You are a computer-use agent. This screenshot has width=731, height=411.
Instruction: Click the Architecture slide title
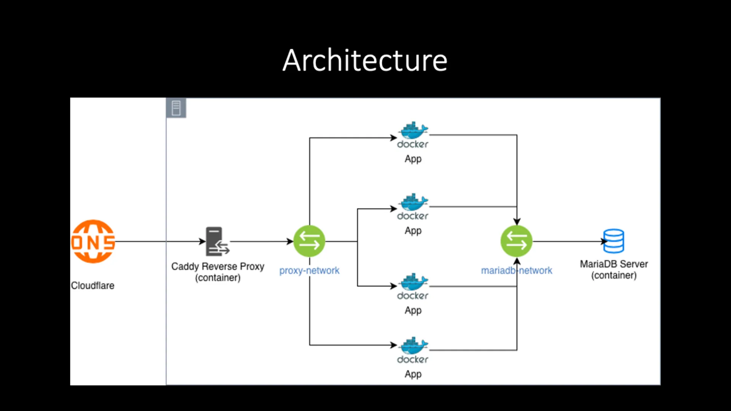(365, 61)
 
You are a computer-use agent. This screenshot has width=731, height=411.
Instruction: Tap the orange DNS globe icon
(93, 241)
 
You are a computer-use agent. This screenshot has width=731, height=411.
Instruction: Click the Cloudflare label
(93, 285)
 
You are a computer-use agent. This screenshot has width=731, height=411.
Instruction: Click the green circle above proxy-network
(309, 241)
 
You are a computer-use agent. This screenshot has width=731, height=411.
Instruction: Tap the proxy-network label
(309, 271)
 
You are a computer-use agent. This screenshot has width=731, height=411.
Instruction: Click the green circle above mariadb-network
(516, 241)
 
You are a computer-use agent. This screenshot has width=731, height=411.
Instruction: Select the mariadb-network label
(516, 271)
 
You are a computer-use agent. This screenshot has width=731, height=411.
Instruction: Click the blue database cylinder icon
(613, 241)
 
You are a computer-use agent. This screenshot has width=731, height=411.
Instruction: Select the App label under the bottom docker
(413, 374)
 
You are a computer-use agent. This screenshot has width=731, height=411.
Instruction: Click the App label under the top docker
(413, 159)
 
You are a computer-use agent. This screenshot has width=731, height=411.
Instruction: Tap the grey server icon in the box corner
(176, 108)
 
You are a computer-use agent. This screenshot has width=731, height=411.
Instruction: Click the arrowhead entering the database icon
(604, 241)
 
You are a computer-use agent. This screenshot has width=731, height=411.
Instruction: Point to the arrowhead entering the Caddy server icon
(203, 241)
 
